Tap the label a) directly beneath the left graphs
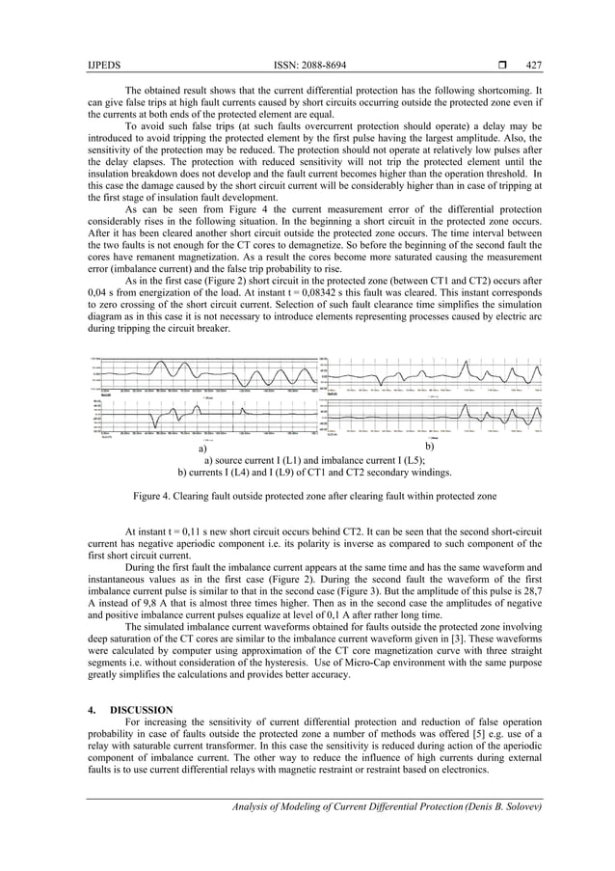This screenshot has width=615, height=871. (202, 449)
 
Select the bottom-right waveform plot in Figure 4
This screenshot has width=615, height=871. (432, 415)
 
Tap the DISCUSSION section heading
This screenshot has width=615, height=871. (138, 710)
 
